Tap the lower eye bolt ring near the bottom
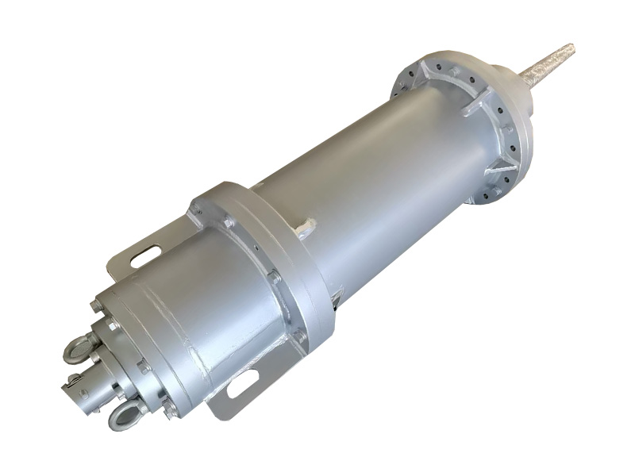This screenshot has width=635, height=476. click(x=125, y=414)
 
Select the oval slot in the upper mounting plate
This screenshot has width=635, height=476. click(x=144, y=256)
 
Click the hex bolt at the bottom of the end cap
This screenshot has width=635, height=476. click(x=169, y=408)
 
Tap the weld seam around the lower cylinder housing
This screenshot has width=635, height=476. click(x=190, y=365)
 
